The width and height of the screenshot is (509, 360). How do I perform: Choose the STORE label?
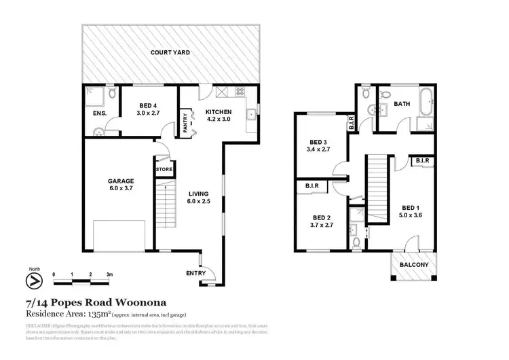coord(164,169)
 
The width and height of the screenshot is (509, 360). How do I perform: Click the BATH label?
coord(402,104)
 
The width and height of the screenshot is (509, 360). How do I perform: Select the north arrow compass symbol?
coord(33,279)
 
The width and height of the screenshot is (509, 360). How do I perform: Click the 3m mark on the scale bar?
coord(108,274)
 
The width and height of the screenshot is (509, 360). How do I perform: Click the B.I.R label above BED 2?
coord(313,185)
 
